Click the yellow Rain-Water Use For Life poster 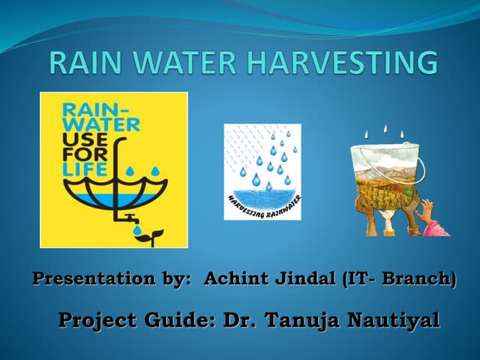point(113,169)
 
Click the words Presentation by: point(113,280)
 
